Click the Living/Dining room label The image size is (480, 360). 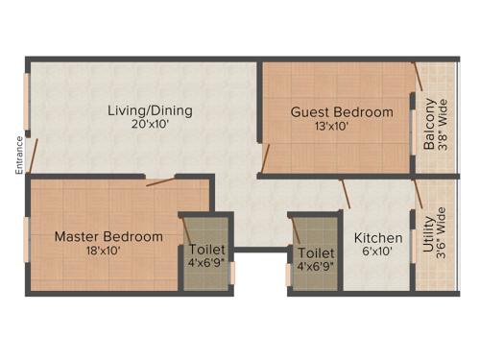coord(149,110)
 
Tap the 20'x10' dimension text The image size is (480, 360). coord(149,125)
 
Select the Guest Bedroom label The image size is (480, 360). coord(342,112)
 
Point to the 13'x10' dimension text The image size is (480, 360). coord(331,126)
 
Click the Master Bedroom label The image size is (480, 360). coord(108,236)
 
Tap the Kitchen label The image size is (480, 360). coord(378,238)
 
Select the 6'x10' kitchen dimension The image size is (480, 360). coord(377,252)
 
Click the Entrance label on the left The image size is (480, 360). coord(18,156)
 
